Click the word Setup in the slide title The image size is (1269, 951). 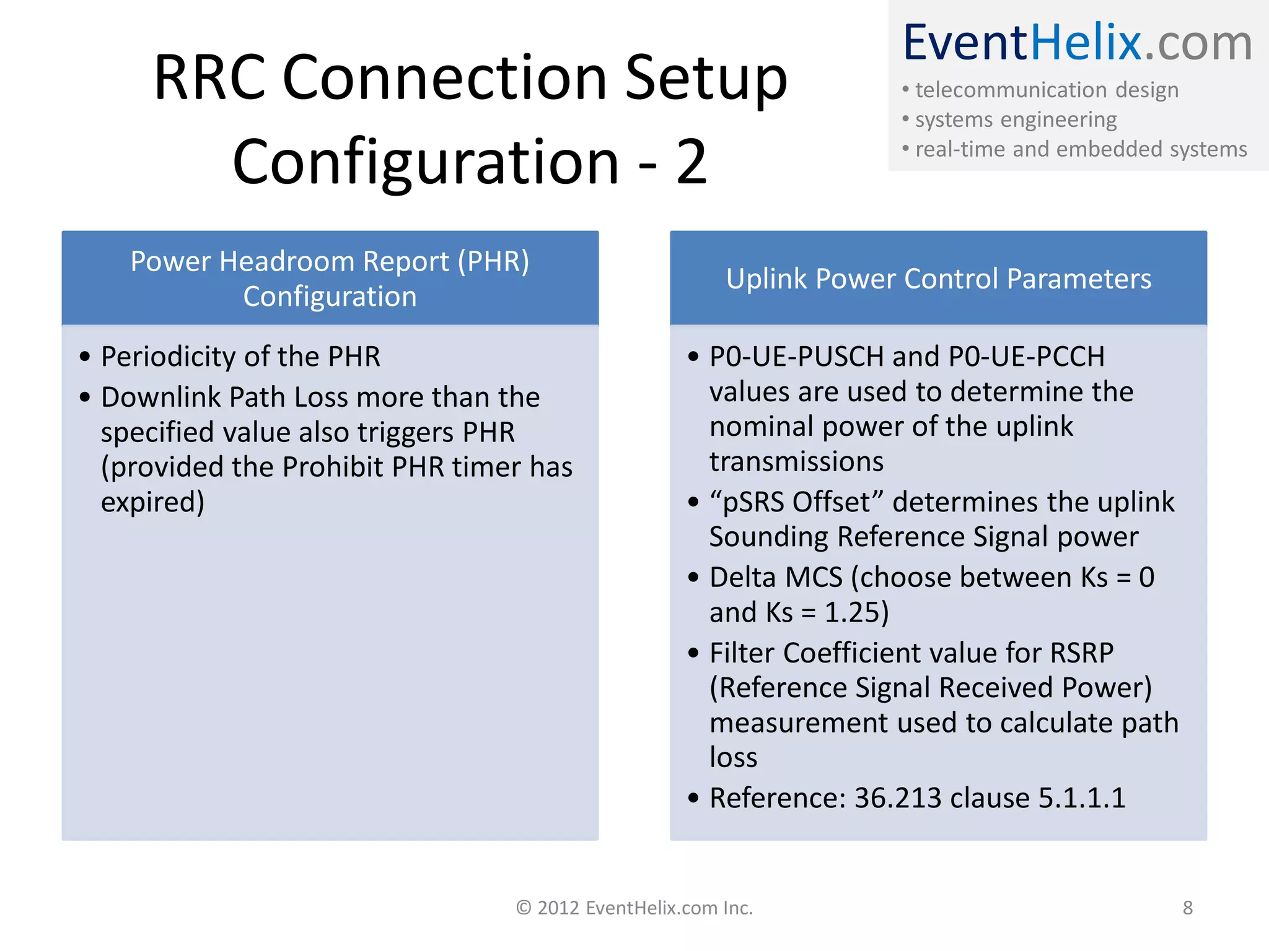[706, 79]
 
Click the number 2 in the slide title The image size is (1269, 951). [692, 162]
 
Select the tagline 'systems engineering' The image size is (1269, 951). [1016, 119]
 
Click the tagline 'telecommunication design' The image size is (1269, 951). [1047, 90]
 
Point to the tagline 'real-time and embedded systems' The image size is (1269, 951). [1081, 149]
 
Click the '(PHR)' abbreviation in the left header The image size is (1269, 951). [493, 261]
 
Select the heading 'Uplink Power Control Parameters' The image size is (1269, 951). [938, 279]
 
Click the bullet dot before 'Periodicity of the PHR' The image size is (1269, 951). [85, 357]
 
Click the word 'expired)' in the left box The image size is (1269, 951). [152, 502]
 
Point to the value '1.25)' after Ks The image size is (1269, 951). [856, 612]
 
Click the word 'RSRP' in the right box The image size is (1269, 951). [1081, 653]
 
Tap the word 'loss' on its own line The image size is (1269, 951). [733, 758]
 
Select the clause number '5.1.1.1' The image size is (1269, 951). [1081, 798]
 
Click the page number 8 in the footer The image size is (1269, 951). [1187, 908]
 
